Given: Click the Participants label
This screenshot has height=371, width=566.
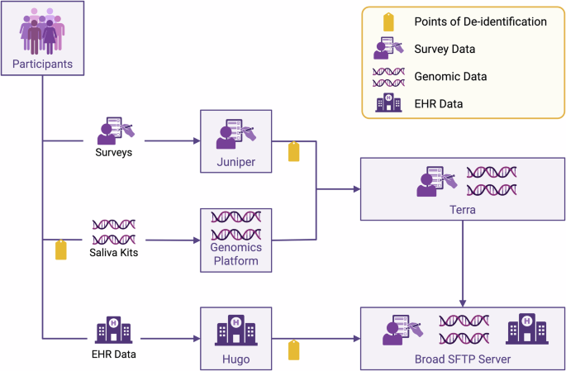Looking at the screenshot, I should point(41,64).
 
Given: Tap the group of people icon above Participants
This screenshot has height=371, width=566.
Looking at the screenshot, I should point(42,31).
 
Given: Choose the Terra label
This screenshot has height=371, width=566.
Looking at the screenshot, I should point(461,210).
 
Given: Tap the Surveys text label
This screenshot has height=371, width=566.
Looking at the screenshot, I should point(114,152).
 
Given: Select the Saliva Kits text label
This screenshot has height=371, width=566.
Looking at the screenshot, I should point(114,252).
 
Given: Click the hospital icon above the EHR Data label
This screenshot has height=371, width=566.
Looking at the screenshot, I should point(114,330).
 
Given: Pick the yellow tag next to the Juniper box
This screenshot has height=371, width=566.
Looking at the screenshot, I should point(293,151).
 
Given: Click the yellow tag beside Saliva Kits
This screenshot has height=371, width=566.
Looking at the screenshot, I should point(60,250).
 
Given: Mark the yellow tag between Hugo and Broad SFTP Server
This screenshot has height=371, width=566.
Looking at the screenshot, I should point(293,350).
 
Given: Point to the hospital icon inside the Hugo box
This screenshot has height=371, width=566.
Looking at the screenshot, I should point(237,329).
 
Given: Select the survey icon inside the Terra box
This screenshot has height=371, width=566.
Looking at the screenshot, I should point(433,182).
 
